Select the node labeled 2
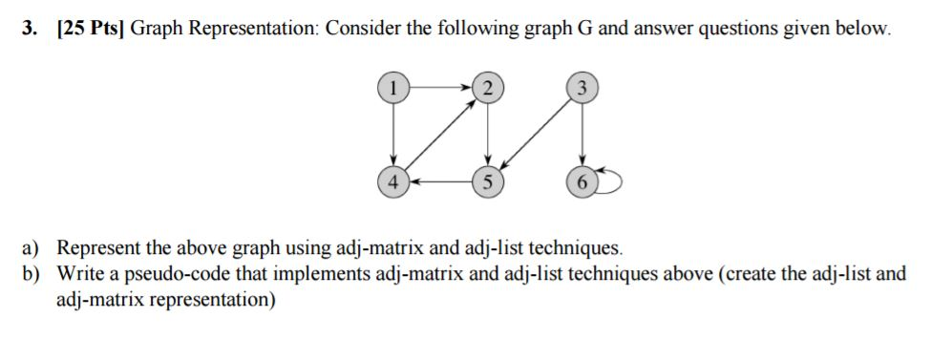(x=487, y=88)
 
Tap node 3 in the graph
(x=581, y=88)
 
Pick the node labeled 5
(x=487, y=180)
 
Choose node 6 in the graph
(x=581, y=180)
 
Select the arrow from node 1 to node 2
(x=440, y=88)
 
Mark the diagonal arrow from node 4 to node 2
(x=440, y=135)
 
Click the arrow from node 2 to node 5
(x=487, y=134)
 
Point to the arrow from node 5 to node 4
(x=440, y=180)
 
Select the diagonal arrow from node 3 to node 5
(x=534, y=134)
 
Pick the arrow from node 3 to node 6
(x=581, y=134)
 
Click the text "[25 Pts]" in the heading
(x=88, y=29)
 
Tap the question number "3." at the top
(x=32, y=29)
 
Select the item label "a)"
(x=33, y=249)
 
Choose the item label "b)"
(x=34, y=273)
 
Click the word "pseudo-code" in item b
(x=166, y=274)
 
